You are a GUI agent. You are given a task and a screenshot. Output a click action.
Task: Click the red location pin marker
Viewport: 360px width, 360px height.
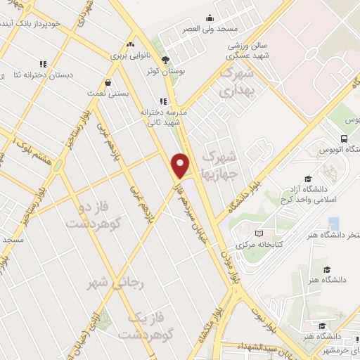tap(181, 165)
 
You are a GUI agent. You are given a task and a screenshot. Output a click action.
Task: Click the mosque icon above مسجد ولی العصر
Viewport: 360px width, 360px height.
tap(209, 19)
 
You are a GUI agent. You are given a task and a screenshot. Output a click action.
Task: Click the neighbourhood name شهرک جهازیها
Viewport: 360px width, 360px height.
tap(220, 165)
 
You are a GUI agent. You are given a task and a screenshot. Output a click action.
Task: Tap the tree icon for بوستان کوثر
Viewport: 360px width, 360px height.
tap(165, 60)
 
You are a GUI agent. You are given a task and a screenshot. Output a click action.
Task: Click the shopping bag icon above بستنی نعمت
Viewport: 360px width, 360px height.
tap(107, 82)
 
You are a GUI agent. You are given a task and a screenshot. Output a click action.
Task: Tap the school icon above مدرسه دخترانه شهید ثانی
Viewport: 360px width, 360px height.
tap(163, 101)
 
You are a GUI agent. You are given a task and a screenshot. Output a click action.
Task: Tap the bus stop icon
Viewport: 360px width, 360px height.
tap(344, 139)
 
